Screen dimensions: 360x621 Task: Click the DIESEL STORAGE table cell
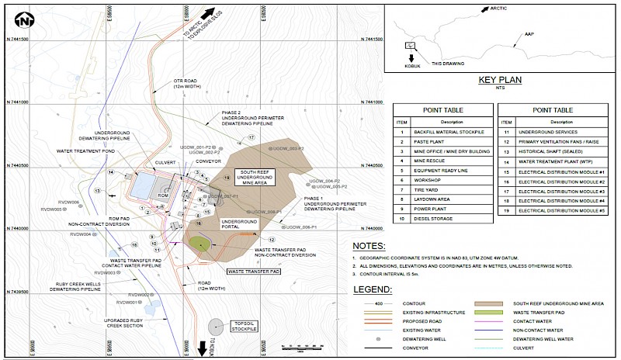tap(445, 219)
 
